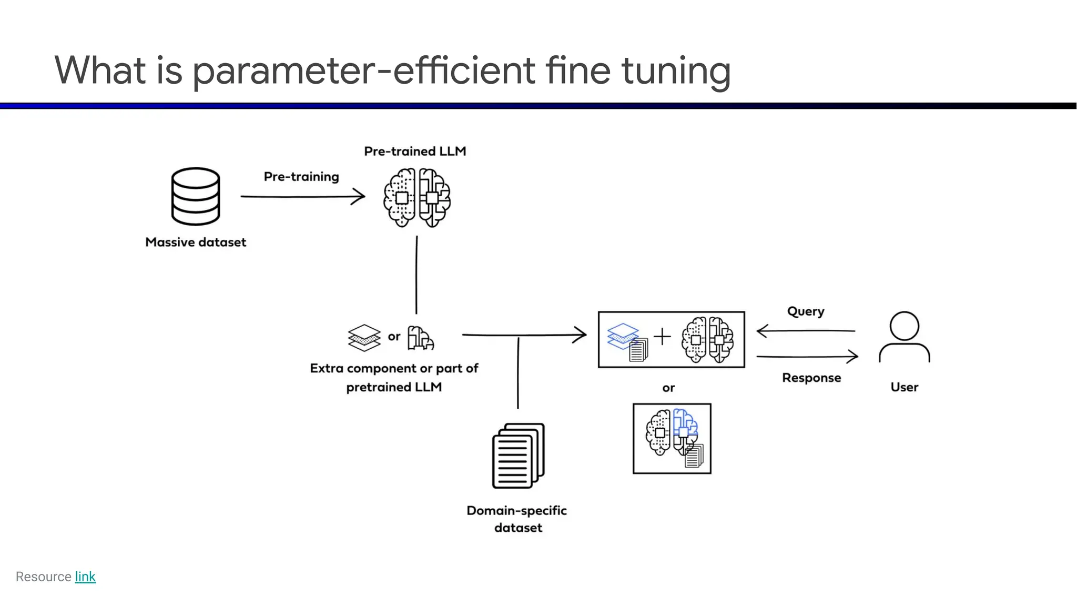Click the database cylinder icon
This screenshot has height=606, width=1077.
pos(196,196)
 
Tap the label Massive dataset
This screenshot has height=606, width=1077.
pos(196,243)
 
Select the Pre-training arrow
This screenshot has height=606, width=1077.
pos(302,197)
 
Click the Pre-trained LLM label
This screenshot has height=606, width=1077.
pos(415,151)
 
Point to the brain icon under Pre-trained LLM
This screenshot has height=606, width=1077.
pos(416,198)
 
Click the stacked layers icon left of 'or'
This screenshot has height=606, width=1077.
pos(364,337)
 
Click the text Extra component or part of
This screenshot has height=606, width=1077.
pos(394,368)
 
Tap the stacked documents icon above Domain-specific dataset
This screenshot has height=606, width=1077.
pos(518,456)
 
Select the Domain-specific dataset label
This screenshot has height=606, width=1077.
pos(517,519)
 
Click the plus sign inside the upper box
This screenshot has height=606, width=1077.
pos(663,336)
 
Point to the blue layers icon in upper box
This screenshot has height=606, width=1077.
pos(623,336)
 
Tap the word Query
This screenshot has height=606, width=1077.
pos(805,311)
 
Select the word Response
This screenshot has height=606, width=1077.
pos(811,378)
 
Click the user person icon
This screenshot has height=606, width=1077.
pos(904,337)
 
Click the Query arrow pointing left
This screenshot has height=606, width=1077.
pos(805,331)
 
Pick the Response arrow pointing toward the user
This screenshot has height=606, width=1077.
pos(807,357)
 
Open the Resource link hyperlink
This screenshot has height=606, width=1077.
pos(85,577)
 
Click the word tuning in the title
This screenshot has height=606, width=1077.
pos(676,71)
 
